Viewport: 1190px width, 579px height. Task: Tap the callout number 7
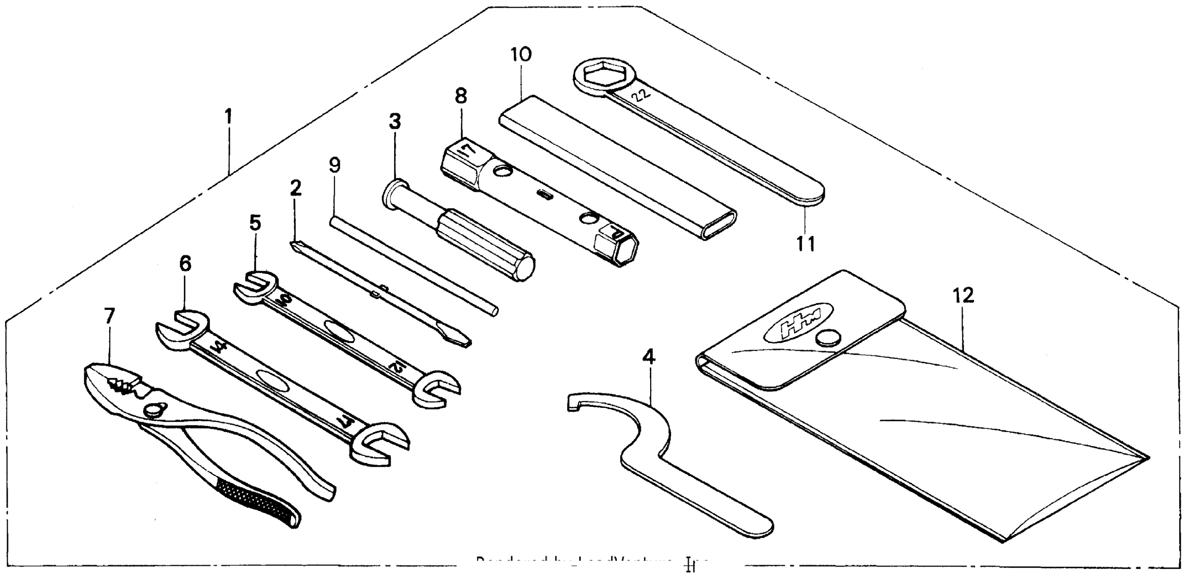tap(109, 316)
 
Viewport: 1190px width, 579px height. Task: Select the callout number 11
tap(806, 243)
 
